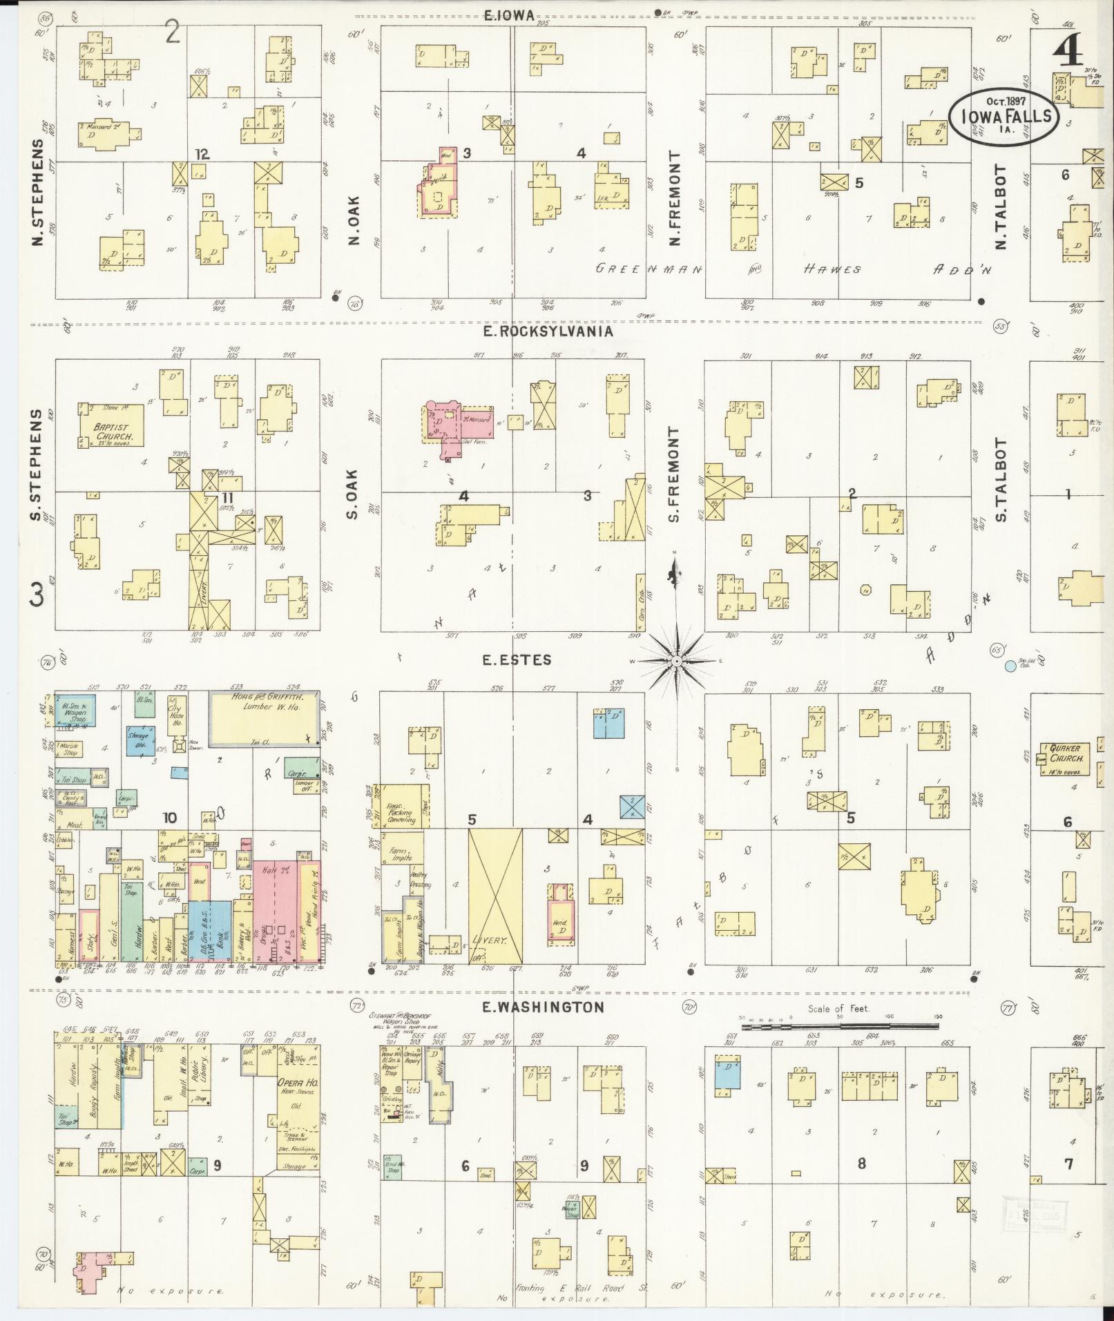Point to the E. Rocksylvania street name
[548, 331]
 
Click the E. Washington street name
[543, 1007]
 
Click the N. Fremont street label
[675, 199]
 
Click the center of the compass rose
[678, 662]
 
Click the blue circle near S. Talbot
[1010, 666]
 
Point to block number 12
[202, 154]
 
